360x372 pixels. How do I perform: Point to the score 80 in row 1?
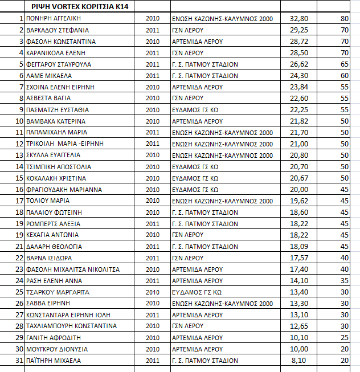(344, 19)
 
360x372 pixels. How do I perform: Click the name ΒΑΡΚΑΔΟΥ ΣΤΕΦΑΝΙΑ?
(58, 30)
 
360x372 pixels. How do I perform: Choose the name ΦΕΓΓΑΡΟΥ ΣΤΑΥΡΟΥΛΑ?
(59, 64)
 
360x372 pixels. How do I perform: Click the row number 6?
(20, 76)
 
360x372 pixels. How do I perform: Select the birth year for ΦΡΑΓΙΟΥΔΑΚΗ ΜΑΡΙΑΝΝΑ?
(153, 190)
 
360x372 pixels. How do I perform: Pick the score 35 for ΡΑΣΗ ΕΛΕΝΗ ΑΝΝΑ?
(344, 281)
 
